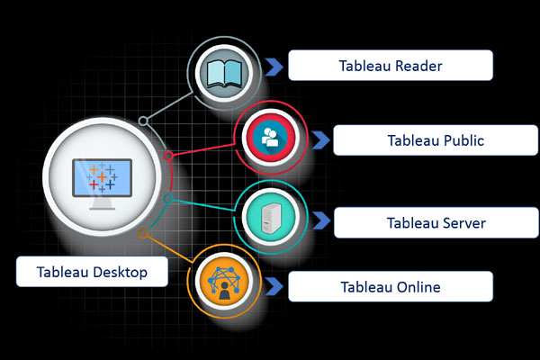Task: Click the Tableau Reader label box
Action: pyautogui.click(x=390, y=66)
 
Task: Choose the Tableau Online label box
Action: pyautogui.click(x=390, y=287)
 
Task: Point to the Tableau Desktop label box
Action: pyautogui.click(x=93, y=271)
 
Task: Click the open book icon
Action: pyautogui.click(x=221, y=71)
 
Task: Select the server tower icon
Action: pyautogui.click(x=269, y=217)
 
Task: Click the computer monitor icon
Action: pyautogui.click(x=101, y=176)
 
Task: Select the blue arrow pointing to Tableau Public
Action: pyautogui.click(x=319, y=140)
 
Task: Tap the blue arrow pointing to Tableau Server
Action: pyautogui.click(x=319, y=221)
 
